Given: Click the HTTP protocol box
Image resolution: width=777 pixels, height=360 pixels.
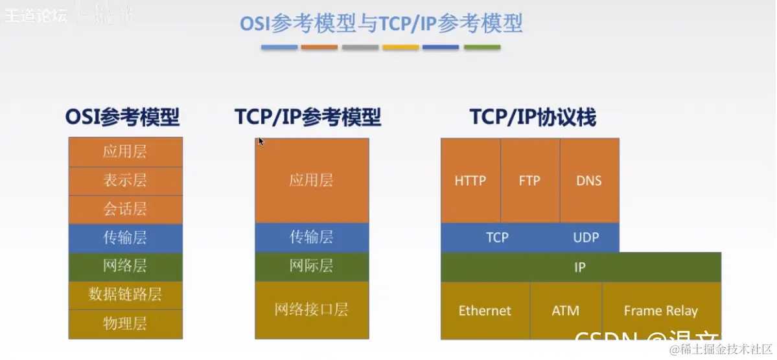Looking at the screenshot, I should [x=470, y=181].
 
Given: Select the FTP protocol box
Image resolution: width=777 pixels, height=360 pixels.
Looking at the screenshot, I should [x=529, y=181].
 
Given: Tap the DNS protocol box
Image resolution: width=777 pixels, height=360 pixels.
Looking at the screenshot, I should [x=589, y=181].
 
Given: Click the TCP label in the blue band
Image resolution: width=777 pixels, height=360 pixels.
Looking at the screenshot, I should [x=497, y=238].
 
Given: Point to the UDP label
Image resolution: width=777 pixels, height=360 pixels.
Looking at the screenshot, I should [x=586, y=238].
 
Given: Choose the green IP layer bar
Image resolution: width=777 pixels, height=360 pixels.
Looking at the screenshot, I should [x=581, y=267].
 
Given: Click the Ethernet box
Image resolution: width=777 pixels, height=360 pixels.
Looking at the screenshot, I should [x=485, y=311].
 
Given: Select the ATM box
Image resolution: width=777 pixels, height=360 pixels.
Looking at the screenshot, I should [x=566, y=311].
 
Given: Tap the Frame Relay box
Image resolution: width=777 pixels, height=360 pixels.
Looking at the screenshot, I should [x=661, y=311].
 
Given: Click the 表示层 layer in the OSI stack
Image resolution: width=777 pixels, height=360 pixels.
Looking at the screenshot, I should [x=125, y=181].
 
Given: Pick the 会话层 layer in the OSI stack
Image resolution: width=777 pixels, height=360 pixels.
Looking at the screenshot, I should [x=125, y=209].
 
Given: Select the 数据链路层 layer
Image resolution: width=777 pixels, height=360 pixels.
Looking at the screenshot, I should [x=125, y=295].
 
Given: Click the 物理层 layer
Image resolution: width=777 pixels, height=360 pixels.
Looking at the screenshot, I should [x=125, y=324].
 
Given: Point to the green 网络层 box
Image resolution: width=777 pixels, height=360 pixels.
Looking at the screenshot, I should [x=125, y=266].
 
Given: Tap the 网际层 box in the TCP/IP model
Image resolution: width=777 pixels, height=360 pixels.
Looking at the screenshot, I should [x=312, y=266].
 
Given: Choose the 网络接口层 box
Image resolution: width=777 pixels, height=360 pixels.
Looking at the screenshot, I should [x=312, y=309].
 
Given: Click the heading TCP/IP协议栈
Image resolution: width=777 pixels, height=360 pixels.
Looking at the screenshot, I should [x=533, y=118].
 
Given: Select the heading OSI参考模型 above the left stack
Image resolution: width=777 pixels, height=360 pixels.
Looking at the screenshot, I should [x=122, y=118].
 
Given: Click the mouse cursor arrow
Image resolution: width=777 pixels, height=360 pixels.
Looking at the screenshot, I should [x=261, y=142].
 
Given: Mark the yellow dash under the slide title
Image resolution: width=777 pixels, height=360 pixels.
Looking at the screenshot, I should [x=400, y=47].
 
